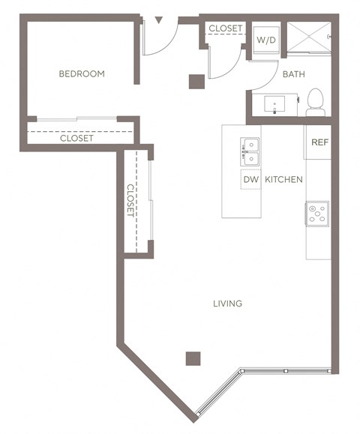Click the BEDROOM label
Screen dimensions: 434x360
coord(82,74)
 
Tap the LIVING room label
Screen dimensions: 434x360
coord(226,304)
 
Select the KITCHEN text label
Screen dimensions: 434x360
coord(283,180)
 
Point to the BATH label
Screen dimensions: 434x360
coord(292,74)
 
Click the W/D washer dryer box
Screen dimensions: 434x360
coord(265,40)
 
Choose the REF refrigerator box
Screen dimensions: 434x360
coord(319,142)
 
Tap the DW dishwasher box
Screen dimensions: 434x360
coord(250,180)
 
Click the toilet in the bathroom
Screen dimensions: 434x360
coord(315,102)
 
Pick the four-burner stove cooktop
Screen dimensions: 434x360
coord(318,214)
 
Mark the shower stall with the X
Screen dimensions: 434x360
coord(310,36)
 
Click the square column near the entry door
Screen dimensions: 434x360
coord(196,81)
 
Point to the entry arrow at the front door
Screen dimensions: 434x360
coord(158,20)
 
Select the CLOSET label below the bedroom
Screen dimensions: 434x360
coord(76,139)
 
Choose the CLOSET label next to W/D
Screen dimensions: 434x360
coord(225,28)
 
